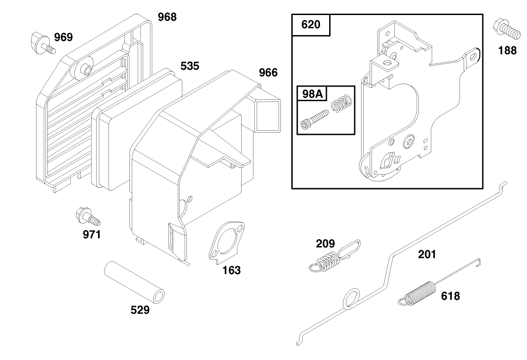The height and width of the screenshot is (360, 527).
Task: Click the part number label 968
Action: (167, 17)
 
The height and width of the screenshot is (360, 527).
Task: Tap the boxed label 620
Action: (310, 24)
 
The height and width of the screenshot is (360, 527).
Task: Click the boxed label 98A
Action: (312, 94)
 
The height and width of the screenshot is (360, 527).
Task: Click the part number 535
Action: (190, 66)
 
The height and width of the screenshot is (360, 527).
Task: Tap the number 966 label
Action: (268, 72)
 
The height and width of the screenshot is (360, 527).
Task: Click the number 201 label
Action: (427, 254)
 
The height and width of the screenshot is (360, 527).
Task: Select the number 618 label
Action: (450, 296)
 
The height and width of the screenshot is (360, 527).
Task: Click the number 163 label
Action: (231, 270)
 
